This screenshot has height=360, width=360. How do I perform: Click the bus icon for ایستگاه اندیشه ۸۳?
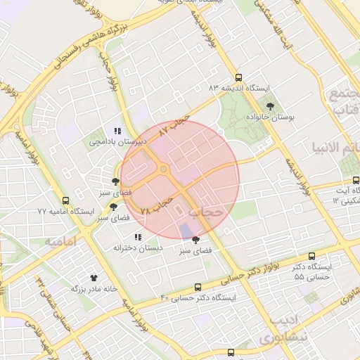click(x=238, y=78)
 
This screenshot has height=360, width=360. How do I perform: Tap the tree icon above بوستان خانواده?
click(x=270, y=106)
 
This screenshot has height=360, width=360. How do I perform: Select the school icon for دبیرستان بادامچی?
click(x=117, y=131)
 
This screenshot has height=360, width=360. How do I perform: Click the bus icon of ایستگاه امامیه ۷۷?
click(x=65, y=200)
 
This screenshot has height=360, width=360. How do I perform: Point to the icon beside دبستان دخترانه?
click(x=138, y=237)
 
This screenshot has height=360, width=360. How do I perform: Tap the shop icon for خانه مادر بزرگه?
click(x=92, y=278)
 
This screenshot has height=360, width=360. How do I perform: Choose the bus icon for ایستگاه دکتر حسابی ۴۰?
click(x=198, y=287)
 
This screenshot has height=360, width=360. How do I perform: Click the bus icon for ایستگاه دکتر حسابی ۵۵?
click(x=312, y=257)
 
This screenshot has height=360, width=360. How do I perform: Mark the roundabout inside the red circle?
click(x=164, y=169)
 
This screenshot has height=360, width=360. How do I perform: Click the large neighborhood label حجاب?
click(x=207, y=210)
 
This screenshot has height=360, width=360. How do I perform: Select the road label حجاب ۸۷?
click(x=175, y=124)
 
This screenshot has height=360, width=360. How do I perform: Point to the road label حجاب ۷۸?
click(x=156, y=205)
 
